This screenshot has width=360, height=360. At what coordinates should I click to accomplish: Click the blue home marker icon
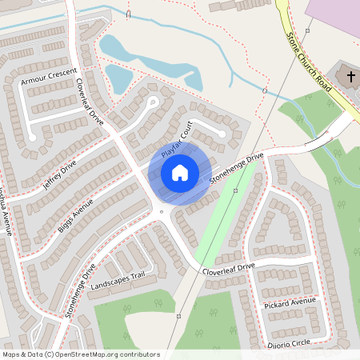tap(180, 173)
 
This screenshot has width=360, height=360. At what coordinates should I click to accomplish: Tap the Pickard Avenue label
tap(290, 303)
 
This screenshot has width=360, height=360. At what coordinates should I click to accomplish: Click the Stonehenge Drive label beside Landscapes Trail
tap(81, 290)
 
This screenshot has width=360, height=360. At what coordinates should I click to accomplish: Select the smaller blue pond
tap(119, 79)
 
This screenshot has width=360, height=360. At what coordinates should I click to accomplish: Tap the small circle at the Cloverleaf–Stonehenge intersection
tap(162, 212)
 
